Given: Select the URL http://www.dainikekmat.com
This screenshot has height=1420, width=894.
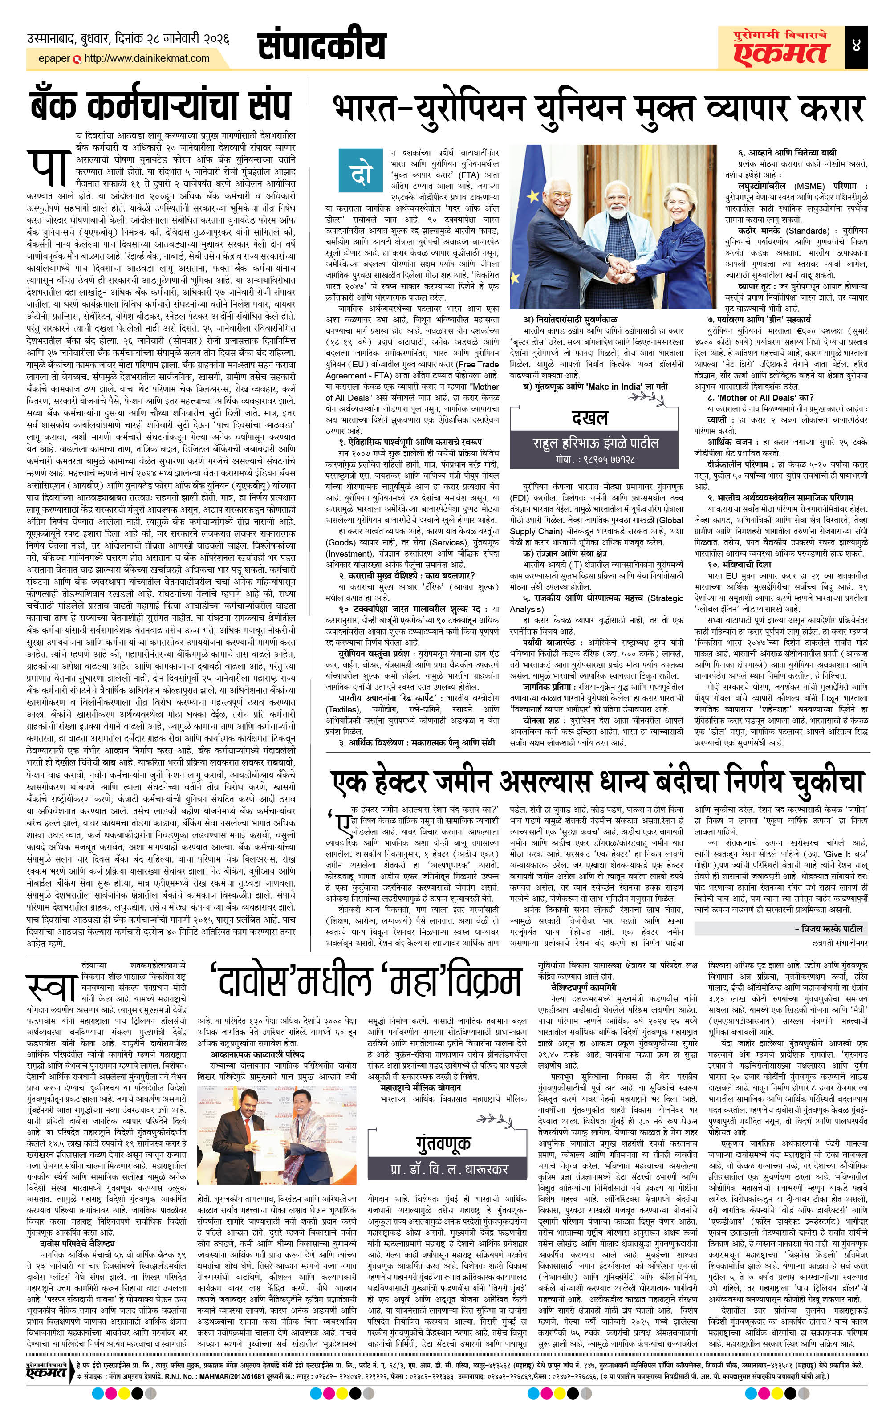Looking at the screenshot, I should (147, 58).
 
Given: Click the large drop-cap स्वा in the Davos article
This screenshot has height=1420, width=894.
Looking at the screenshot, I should (50, 989).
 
